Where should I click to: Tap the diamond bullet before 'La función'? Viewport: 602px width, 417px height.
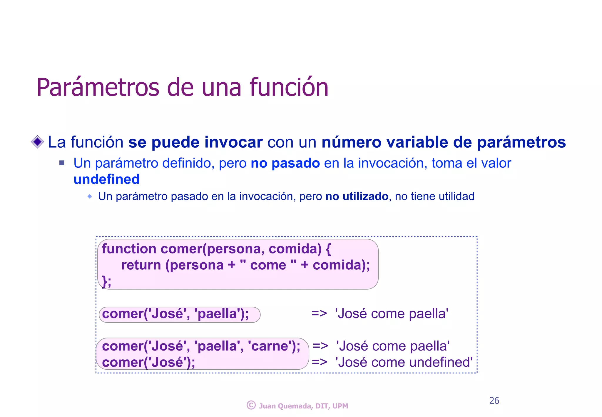(x=37, y=142)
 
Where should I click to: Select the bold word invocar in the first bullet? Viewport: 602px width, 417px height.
(x=233, y=142)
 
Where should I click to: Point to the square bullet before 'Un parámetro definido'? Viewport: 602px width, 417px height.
(x=62, y=163)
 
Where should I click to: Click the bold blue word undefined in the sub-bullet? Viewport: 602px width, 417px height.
(x=106, y=179)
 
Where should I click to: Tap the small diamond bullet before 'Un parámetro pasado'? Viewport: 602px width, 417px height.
(x=90, y=196)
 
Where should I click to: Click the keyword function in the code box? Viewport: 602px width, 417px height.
(x=129, y=249)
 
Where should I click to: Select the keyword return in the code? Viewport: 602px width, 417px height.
(x=141, y=265)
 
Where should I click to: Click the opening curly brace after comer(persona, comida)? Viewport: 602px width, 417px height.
(x=328, y=249)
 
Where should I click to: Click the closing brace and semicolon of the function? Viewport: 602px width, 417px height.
(x=106, y=281)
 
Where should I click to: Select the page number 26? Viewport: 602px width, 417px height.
(x=494, y=401)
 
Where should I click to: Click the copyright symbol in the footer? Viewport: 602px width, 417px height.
(x=251, y=405)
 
